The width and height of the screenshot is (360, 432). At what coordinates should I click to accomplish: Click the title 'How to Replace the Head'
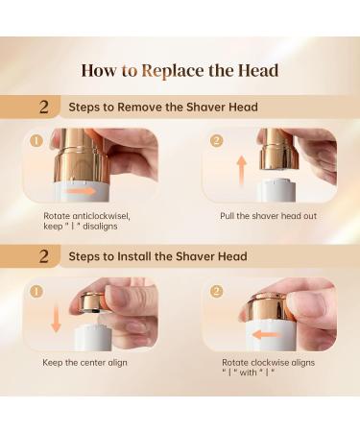pos(180,71)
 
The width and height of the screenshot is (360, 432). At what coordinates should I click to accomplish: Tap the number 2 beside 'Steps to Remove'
pos(44,107)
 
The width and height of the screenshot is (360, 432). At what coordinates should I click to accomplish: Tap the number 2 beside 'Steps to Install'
pos(44,256)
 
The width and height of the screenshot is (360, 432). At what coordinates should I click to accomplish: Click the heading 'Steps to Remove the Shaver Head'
pos(163,107)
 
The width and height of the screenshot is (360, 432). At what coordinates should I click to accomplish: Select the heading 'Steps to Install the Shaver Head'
pos(157,256)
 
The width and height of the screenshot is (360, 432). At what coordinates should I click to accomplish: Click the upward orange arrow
pos(242,171)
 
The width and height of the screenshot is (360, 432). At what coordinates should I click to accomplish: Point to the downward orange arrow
pos(56,320)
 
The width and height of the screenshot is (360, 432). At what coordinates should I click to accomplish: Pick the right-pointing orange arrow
pos(82,191)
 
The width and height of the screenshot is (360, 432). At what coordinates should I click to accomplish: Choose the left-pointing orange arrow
pos(266,335)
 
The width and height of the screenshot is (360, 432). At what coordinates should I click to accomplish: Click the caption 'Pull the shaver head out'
pos(268,216)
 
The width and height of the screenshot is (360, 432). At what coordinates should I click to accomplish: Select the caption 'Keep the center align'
pos(84,363)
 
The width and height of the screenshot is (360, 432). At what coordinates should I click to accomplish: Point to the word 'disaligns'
pos(100,227)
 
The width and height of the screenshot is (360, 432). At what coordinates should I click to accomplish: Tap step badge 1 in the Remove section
pos(36,141)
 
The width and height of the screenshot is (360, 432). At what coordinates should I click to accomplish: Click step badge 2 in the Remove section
pos(217,141)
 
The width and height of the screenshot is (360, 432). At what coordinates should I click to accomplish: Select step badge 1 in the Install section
pos(36,292)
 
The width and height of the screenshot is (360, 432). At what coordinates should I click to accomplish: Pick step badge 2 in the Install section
pos(217,291)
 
